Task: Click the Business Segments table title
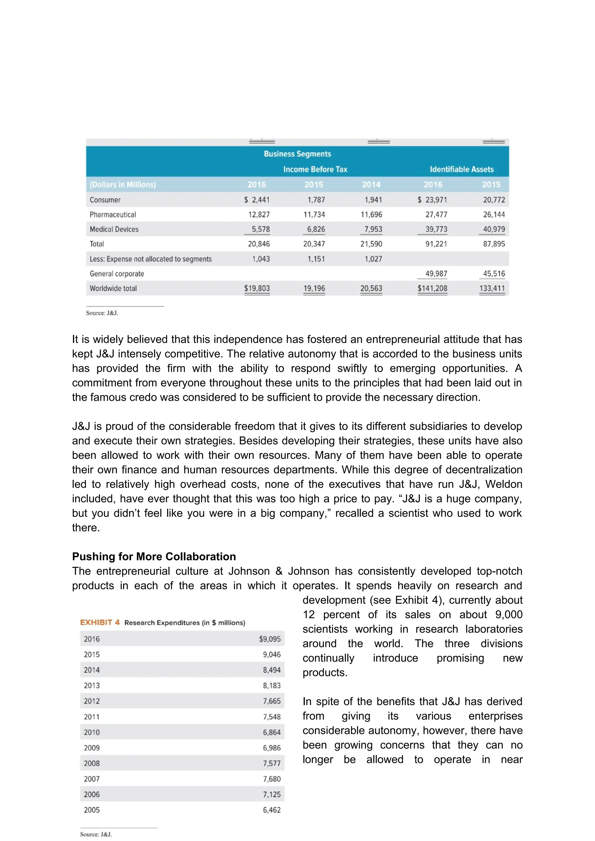tap(297, 154)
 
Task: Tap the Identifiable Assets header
tap(461, 169)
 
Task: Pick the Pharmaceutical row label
tap(113, 215)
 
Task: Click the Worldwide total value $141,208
tap(432, 288)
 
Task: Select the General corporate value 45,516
tap(494, 274)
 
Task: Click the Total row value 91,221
tap(436, 244)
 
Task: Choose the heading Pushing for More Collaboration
tap(154, 556)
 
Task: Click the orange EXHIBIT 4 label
tap(100, 623)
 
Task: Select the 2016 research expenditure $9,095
tap(270, 639)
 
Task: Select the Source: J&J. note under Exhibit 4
tap(96, 834)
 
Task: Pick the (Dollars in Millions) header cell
tap(123, 185)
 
